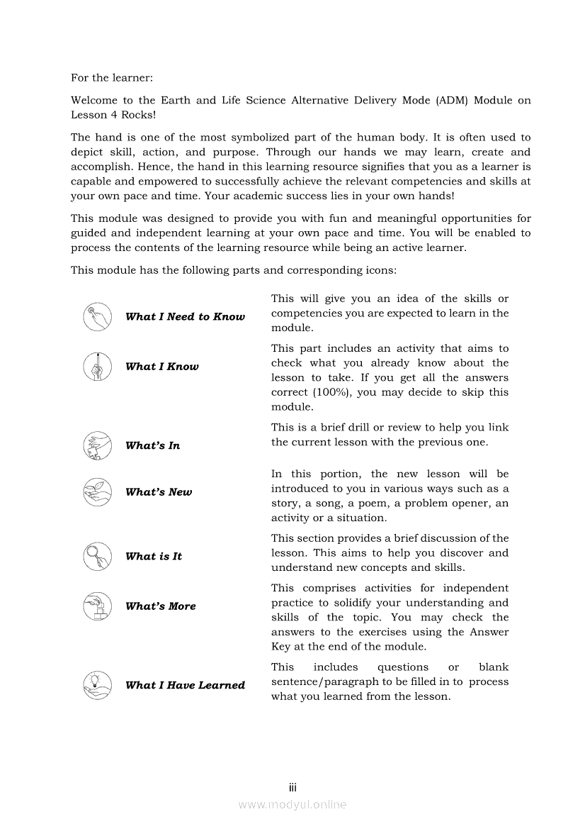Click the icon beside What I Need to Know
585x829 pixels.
97,317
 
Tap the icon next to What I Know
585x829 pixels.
97,367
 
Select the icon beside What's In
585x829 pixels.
97,445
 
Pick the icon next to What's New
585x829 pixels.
97,491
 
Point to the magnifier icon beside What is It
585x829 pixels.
97,556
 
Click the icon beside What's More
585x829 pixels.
97,606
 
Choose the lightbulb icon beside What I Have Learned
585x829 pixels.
97,685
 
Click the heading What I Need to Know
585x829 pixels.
185,317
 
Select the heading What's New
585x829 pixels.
159,492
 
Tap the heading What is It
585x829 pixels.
154,557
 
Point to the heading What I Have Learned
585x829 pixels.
185,685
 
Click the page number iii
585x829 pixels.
292,788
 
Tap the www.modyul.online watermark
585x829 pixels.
292,804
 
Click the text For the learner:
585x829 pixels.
112,77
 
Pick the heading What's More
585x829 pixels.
161,606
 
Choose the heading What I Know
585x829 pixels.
162,367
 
